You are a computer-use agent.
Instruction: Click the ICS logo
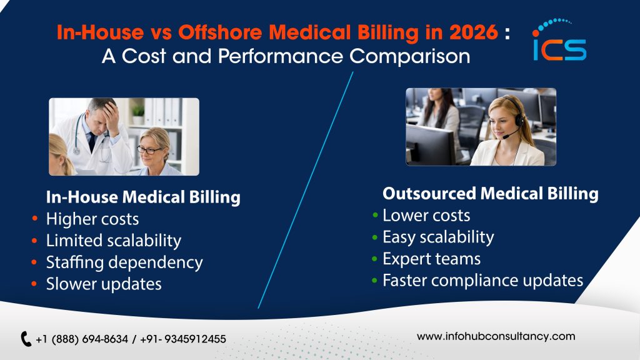[559, 40]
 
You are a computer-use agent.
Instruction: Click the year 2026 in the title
[474, 32]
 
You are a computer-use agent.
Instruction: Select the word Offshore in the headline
[221, 32]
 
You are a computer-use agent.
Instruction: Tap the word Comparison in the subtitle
[409, 56]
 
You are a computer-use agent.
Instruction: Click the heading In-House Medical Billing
[143, 197]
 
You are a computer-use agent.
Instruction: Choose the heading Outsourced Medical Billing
[490, 194]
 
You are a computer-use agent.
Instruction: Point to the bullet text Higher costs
[92, 219]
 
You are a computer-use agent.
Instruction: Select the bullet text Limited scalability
[114, 241]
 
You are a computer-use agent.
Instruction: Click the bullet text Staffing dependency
[124, 262]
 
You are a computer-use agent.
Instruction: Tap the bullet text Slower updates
[104, 284]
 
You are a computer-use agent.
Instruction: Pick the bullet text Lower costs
[426, 216]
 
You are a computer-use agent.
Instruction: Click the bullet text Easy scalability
[438, 237]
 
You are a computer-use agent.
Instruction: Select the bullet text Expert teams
[431, 259]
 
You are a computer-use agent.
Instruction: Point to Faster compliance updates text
[483, 281]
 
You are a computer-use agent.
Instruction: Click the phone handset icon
[26, 339]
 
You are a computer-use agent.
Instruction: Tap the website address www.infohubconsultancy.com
[496, 336]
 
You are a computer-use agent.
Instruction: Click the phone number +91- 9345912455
[183, 339]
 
